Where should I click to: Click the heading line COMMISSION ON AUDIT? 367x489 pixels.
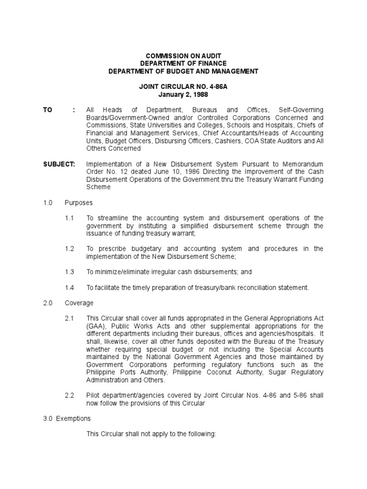pos(183,56)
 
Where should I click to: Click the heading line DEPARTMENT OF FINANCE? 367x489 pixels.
pos(183,64)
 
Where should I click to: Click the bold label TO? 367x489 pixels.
pos(48,110)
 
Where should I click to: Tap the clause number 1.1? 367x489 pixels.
pos(70,218)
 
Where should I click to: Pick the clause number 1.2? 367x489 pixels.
pos(70,249)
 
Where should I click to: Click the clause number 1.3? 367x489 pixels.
pos(70,272)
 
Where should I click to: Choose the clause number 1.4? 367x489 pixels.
pos(70,287)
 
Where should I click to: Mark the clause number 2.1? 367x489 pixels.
pos(70,319)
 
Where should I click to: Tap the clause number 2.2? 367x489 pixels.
pos(70,395)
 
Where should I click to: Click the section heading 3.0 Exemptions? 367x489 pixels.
pos(67,418)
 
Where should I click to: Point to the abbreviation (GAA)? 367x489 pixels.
pos(95,326)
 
